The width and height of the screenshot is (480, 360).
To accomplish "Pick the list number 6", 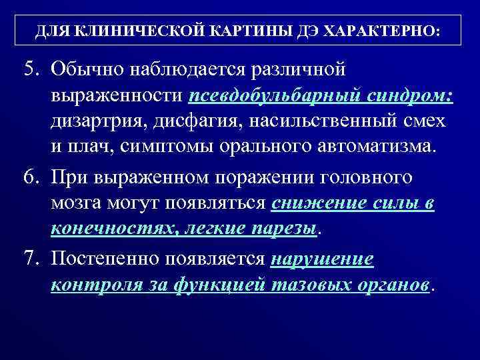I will pos(31,178).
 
